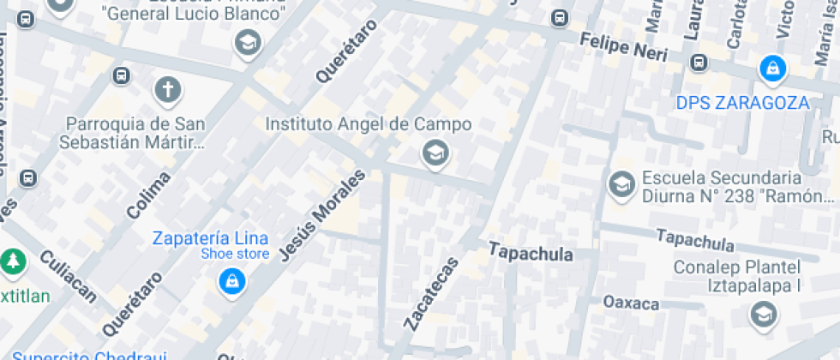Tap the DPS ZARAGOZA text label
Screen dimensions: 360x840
[x=742, y=103]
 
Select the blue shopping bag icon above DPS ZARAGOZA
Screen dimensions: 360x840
[x=772, y=69]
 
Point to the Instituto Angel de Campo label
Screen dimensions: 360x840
[x=368, y=124]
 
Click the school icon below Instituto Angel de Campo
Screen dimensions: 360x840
[x=436, y=154]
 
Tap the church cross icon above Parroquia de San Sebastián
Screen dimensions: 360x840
[x=168, y=89]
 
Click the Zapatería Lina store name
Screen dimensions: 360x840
[x=210, y=238]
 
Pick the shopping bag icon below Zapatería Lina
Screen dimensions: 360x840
[x=231, y=280]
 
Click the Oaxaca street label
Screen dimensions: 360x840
[x=631, y=303]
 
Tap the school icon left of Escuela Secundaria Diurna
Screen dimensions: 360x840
[x=620, y=184]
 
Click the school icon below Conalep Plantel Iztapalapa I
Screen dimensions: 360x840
[x=761, y=316]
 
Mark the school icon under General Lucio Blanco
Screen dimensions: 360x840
[x=248, y=42]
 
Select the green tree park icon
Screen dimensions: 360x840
[x=12, y=261]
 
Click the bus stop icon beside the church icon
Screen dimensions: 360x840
[x=121, y=75]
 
